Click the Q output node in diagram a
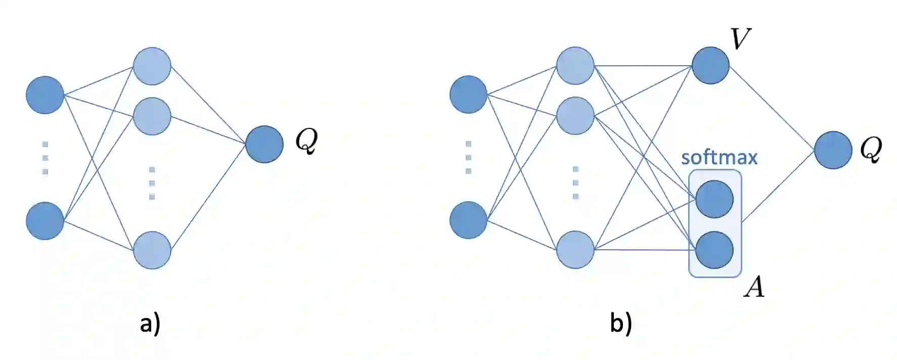click(x=264, y=144)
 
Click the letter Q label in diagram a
click(x=306, y=140)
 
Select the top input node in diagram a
click(x=45, y=95)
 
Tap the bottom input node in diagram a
click(x=45, y=220)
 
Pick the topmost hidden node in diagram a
click(x=152, y=66)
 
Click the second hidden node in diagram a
click(x=152, y=116)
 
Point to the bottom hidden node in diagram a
click(x=152, y=250)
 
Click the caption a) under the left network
click(x=150, y=324)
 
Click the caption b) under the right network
click(x=621, y=324)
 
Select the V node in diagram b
click(x=710, y=65)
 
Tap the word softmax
click(x=719, y=157)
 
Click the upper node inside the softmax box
click(x=714, y=199)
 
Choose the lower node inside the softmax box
click(x=714, y=250)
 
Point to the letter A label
click(x=754, y=287)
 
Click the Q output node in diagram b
click(x=833, y=150)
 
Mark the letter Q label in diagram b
click(x=871, y=149)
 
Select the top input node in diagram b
click(x=468, y=94)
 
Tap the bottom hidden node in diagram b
click(x=575, y=249)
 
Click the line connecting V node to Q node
click(x=772, y=108)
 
